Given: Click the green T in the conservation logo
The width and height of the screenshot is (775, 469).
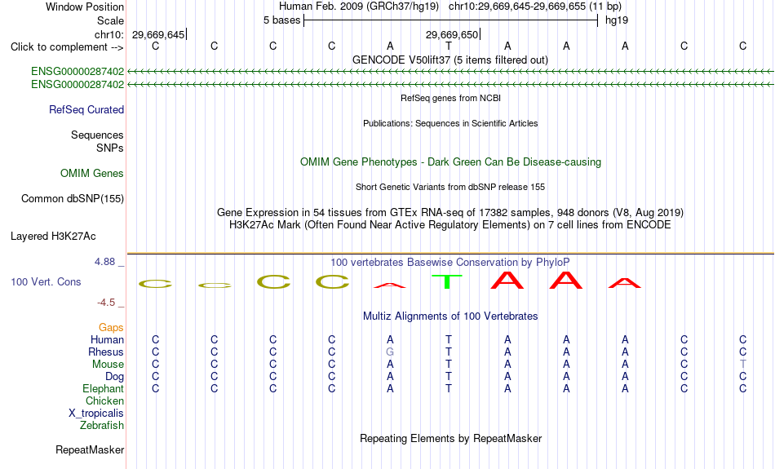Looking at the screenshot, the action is tap(447, 281).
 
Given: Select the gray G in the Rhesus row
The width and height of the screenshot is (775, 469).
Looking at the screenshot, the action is tap(390, 352).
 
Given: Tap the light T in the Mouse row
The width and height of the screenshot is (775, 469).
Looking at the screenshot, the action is tap(743, 365).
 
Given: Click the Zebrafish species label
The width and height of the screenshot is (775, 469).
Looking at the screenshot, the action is tap(102, 426).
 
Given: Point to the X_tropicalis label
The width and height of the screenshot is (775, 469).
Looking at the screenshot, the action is tap(96, 414).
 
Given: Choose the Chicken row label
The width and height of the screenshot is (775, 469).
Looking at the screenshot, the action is tap(104, 400).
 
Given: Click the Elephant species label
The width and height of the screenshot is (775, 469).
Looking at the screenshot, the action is tap(104, 389).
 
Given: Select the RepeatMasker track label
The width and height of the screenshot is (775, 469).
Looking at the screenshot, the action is tap(90, 449).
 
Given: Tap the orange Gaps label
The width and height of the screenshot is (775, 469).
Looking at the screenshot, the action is tap(111, 328).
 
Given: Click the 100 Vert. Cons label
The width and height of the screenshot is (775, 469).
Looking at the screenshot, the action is tap(46, 281).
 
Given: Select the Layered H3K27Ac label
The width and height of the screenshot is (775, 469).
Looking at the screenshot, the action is tap(53, 237).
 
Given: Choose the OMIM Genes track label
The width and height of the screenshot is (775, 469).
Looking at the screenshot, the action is tap(92, 174).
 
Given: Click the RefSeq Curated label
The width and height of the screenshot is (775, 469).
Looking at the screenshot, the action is tap(86, 110).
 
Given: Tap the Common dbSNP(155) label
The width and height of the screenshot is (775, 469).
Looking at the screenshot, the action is tap(73, 199).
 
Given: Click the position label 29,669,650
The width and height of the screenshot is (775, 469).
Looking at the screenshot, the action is tap(452, 35).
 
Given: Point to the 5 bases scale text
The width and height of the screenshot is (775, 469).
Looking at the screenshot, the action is tap(281, 20).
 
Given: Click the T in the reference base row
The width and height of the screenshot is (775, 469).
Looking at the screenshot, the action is tap(449, 46).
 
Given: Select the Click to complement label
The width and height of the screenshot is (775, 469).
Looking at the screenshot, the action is tap(67, 47).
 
